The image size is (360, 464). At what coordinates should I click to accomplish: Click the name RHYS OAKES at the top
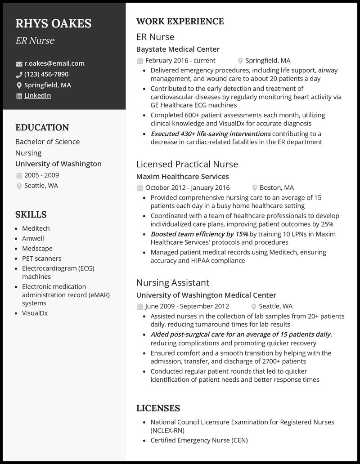(53, 23)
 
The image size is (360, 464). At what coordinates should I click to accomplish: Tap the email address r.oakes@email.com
(54, 63)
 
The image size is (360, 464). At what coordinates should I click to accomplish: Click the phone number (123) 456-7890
(46, 74)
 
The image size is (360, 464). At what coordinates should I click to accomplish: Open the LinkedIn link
(37, 95)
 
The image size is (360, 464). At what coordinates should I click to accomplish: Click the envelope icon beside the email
(19, 64)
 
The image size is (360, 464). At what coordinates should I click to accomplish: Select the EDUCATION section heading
(42, 127)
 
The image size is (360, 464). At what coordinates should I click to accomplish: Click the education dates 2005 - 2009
(41, 175)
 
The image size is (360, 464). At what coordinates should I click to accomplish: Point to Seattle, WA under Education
(41, 186)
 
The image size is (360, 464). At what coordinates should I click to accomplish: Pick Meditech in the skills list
(36, 228)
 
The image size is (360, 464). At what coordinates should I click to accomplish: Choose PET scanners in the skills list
(42, 258)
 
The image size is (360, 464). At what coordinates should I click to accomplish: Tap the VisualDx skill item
(35, 313)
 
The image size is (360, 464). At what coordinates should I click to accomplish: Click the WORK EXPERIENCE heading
(180, 21)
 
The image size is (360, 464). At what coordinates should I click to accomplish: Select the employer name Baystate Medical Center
(178, 49)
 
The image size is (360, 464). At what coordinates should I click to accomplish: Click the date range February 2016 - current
(180, 60)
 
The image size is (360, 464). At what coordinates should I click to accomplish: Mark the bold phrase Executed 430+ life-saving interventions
(211, 134)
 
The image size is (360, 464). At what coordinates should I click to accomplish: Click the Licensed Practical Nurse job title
(187, 164)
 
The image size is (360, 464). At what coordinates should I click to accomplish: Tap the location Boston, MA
(277, 187)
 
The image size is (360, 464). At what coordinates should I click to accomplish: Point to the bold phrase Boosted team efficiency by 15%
(199, 234)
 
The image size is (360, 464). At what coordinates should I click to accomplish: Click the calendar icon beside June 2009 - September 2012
(140, 307)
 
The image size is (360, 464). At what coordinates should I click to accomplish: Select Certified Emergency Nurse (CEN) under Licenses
(199, 440)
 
